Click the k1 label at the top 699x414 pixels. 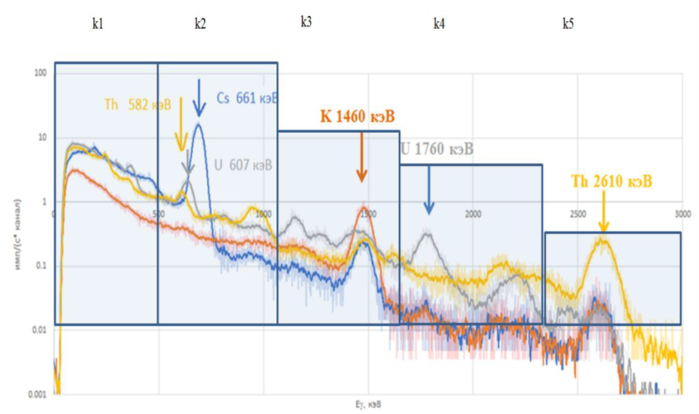pyautogui.click(x=97, y=24)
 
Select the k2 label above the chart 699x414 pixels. pyautogui.click(x=200, y=24)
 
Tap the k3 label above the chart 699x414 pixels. pyautogui.click(x=306, y=22)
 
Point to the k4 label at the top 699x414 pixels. pyautogui.click(x=439, y=24)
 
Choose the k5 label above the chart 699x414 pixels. pyautogui.click(x=568, y=24)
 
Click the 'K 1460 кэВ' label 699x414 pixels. pyautogui.click(x=357, y=117)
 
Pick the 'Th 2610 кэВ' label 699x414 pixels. pyautogui.click(x=612, y=181)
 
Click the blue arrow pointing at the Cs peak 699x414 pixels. pyautogui.click(x=199, y=98)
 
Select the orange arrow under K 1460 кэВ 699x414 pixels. pyautogui.click(x=362, y=157)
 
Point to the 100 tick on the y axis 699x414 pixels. pyautogui.click(x=40, y=74)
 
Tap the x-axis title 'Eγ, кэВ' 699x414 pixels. pyautogui.click(x=368, y=405)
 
